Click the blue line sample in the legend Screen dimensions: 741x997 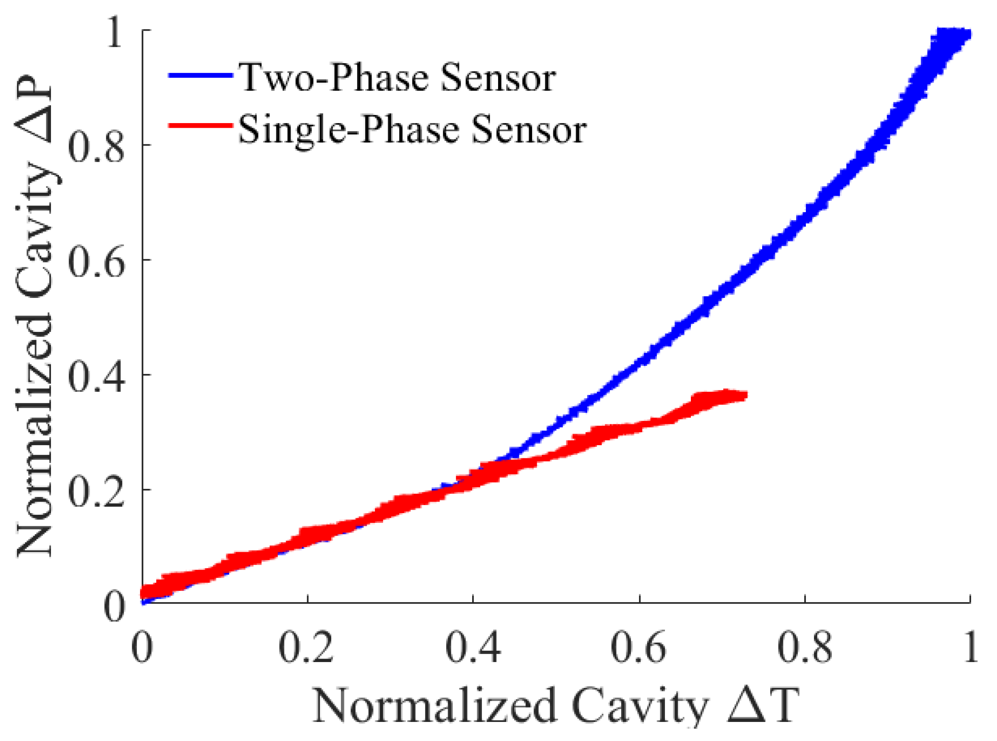click(200, 76)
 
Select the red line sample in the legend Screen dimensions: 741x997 click(200, 126)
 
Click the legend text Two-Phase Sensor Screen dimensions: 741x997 click(397, 77)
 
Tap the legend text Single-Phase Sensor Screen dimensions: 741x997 click(412, 129)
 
